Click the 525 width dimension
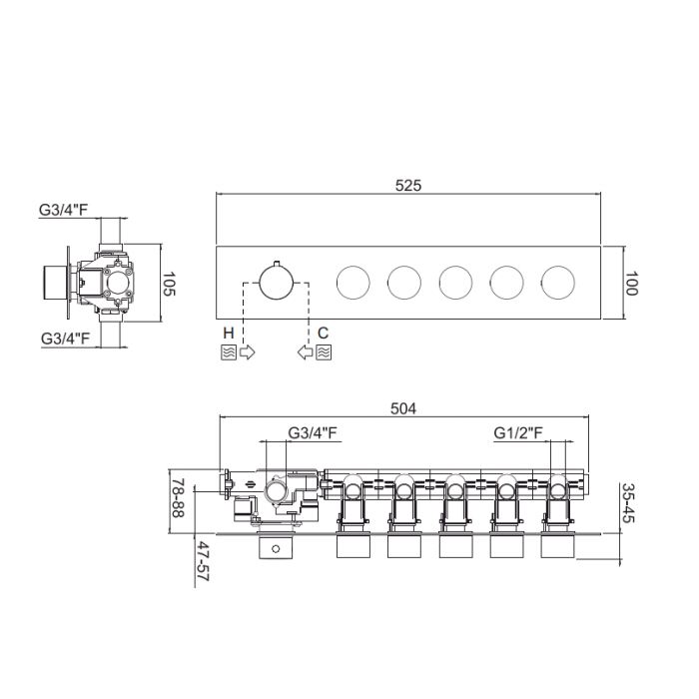407,186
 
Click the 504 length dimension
403,408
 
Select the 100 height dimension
630,284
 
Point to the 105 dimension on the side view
169,284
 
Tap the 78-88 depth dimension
178,498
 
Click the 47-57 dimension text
203,561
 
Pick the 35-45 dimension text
628,503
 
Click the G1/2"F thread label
518,432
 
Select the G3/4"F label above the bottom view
313,432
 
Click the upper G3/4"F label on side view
64,210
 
